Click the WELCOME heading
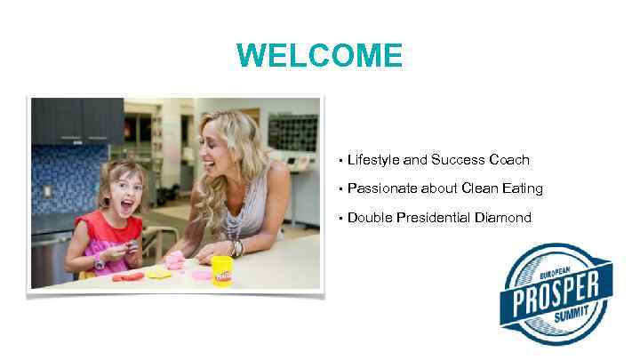pos(319,56)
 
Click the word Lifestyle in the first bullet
pos(373,160)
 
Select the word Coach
pos(509,160)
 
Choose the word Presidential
pos(431,217)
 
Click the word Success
pos(458,160)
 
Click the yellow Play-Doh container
pos(221,270)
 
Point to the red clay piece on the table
pos(129,276)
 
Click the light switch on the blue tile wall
pos(47,191)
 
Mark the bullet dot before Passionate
pos(340,189)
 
